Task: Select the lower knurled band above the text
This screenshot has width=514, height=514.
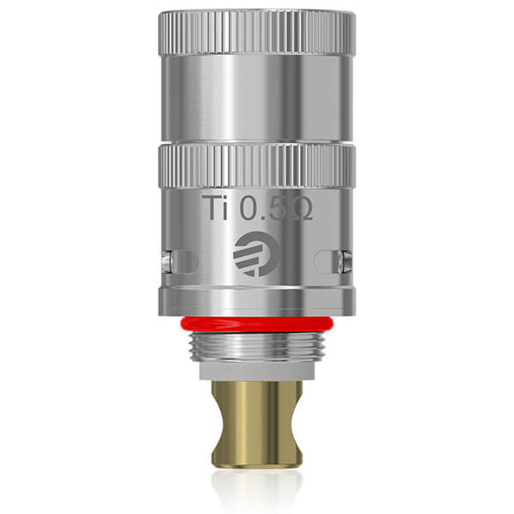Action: pos(256,166)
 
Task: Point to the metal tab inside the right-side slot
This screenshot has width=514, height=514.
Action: pos(344,259)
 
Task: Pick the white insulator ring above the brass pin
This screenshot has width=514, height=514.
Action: pos(256,372)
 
